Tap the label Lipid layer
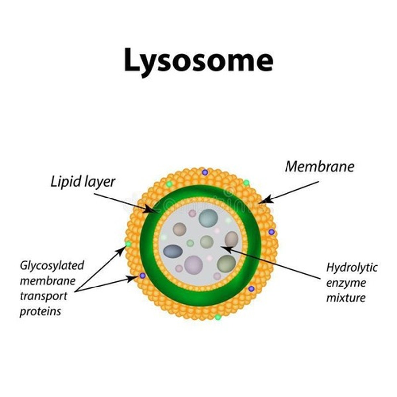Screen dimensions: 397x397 [83, 182]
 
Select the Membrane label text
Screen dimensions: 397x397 [319, 167]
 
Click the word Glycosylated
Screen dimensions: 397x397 [52, 265]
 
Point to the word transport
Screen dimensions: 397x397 [43, 296]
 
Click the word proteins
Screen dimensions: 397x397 [40, 311]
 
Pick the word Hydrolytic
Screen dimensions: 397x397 [352, 267]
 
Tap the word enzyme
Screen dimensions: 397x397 [346, 283]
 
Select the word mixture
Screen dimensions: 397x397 [346, 298]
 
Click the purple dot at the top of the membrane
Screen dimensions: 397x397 [205, 172]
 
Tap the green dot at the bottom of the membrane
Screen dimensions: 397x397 [217, 317]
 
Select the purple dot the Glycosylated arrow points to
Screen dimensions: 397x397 [142, 275]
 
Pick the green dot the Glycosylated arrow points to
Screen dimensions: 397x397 [128, 244]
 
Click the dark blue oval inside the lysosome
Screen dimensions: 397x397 [173, 251]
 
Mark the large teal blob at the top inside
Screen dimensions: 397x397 [208, 218]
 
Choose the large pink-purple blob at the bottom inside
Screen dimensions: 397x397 [194, 265]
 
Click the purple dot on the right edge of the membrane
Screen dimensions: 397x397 [271, 232]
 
